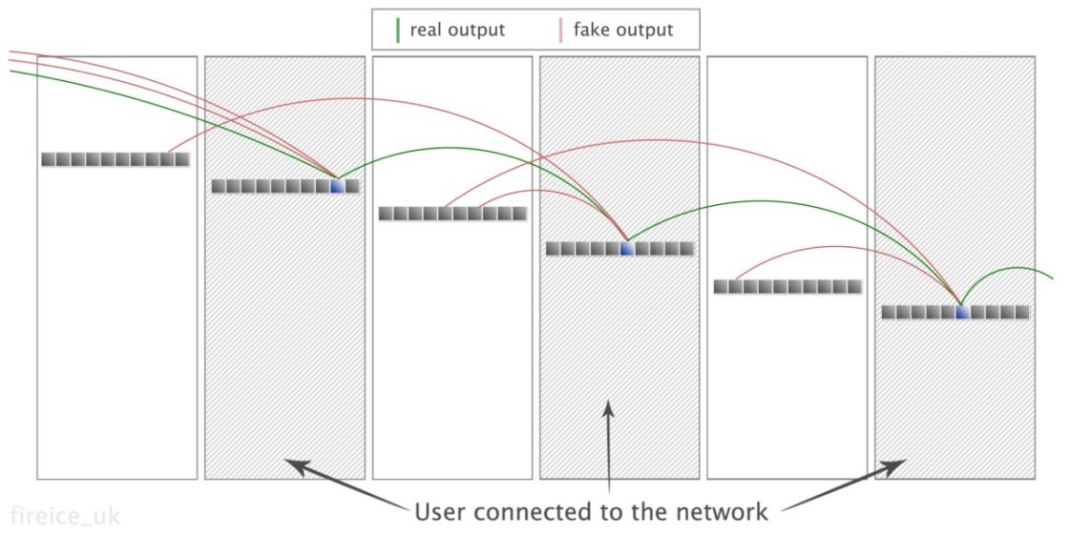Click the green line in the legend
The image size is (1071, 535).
397,30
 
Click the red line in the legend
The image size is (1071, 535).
559,30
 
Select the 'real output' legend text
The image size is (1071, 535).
457,30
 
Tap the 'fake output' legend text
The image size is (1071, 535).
622,30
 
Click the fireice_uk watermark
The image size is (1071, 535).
65,516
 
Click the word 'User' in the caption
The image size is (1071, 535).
442,512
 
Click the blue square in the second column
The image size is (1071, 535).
336,187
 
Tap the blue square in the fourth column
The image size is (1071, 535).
626,249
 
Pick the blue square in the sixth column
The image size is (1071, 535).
961,312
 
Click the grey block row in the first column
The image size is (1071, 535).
115,159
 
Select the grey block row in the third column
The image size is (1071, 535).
452,214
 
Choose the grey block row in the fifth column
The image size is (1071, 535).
787,286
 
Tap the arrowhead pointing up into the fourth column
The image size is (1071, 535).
608,408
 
